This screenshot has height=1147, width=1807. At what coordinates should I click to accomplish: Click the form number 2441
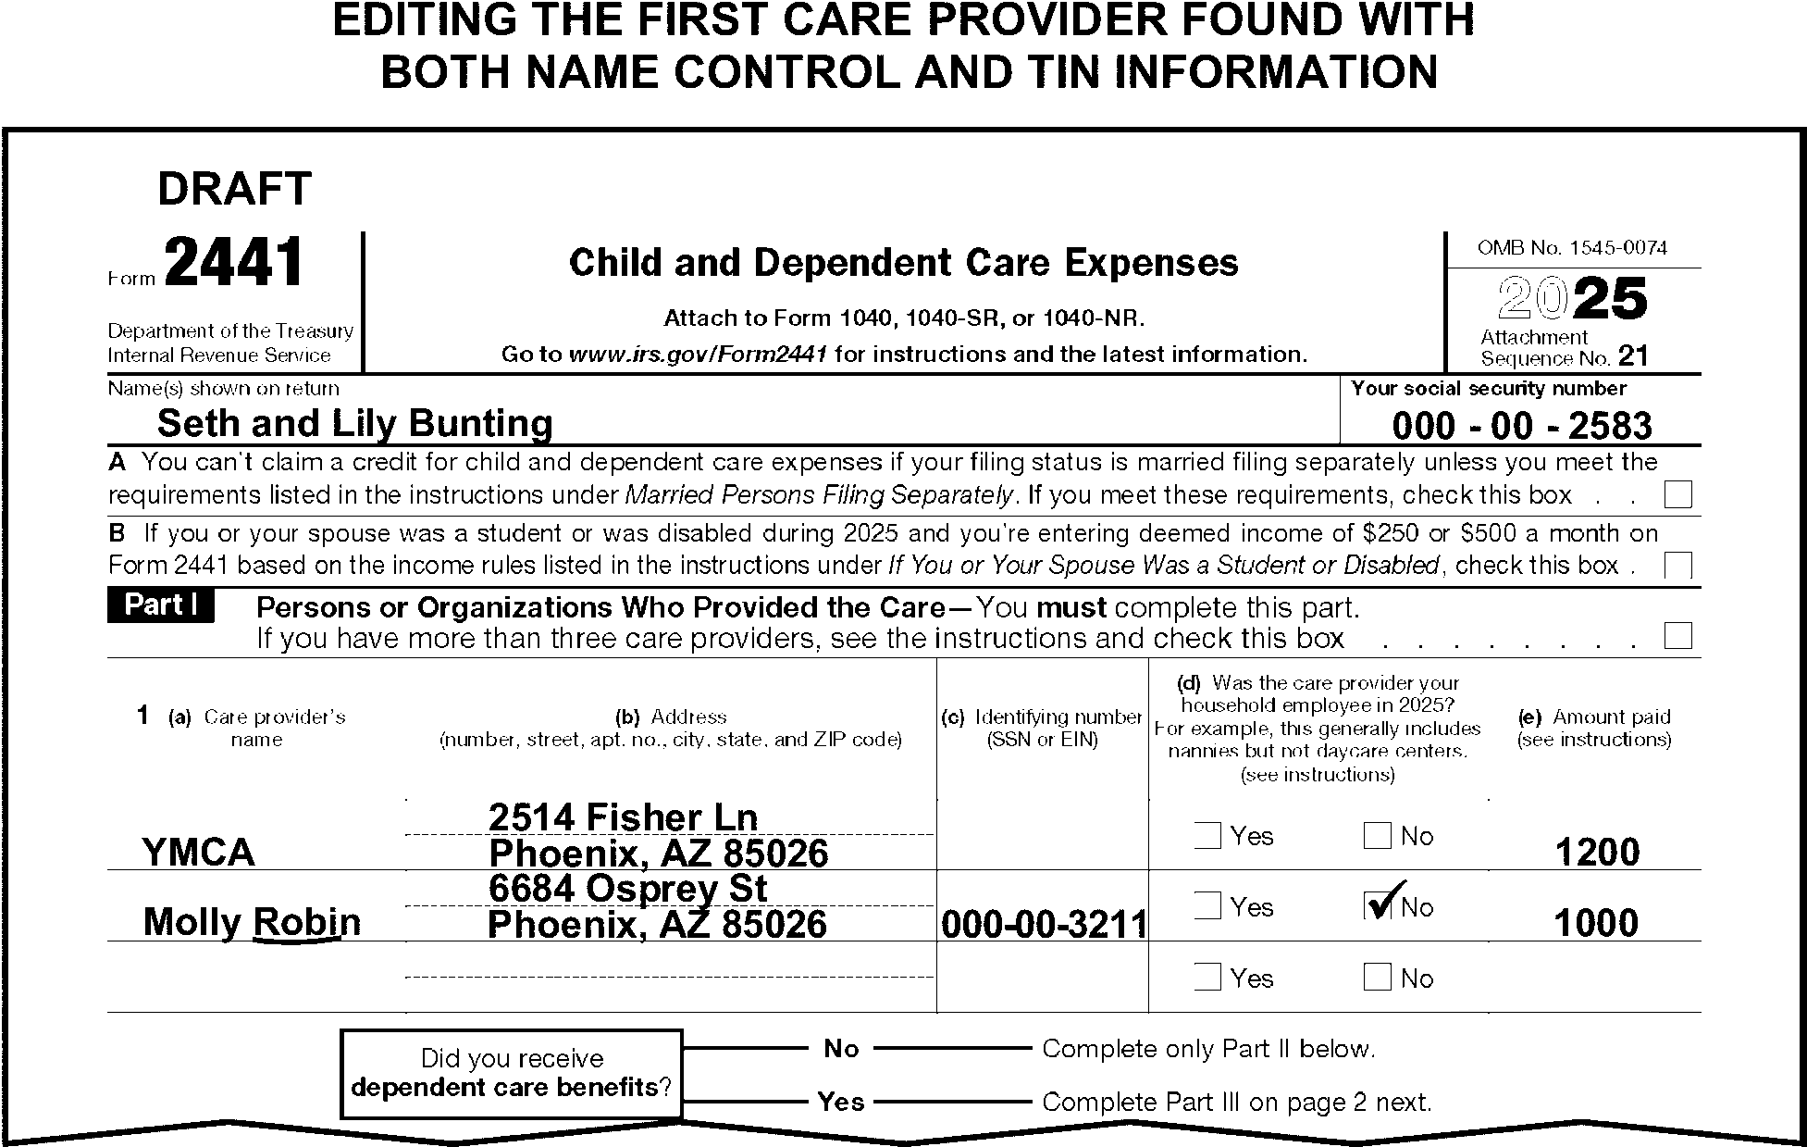click(234, 264)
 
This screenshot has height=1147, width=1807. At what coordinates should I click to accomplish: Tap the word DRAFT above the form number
click(234, 190)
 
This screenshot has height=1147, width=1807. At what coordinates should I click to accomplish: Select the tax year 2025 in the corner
click(1572, 299)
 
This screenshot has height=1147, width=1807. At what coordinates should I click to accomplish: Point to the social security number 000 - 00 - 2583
click(1521, 426)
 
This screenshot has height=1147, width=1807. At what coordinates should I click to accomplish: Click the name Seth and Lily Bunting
click(354, 424)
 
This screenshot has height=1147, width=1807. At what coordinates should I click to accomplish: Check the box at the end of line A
click(1677, 495)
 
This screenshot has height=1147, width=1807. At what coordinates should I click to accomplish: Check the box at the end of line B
click(1677, 565)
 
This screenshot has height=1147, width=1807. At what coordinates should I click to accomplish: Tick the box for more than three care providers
click(1677, 637)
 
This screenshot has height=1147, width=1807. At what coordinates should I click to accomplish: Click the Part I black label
click(161, 605)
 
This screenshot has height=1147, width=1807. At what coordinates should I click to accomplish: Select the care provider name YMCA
click(198, 853)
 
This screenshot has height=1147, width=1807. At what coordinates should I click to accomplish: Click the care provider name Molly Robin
click(252, 922)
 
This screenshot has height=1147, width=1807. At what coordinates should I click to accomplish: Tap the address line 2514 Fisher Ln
click(623, 817)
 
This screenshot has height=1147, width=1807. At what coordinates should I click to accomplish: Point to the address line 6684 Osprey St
click(627, 889)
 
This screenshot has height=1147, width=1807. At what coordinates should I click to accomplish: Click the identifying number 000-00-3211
click(1043, 924)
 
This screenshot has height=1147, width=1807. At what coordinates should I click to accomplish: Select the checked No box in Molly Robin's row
click(1378, 906)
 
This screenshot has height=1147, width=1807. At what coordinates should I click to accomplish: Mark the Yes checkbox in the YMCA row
click(1207, 836)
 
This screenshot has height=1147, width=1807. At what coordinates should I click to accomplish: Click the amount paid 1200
click(1597, 853)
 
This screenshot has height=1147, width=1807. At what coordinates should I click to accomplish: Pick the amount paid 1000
click(1596, 924)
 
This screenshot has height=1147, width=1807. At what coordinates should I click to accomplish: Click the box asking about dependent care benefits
click(512, 1074)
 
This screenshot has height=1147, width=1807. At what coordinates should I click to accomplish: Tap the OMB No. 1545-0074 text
click(1572, 248)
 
